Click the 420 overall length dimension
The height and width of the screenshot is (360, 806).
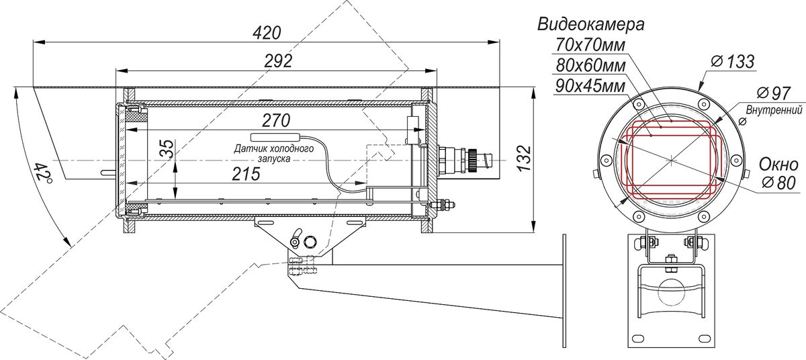point(266,34)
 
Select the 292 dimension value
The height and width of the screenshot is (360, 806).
point(278,62)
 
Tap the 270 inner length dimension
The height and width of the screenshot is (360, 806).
point(276,120)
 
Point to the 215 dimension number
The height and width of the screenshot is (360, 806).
point(246,174)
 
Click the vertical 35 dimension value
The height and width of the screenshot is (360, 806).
point(167,148)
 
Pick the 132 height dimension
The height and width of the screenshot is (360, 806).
point(525,159)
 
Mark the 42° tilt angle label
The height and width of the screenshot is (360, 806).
point(43,173)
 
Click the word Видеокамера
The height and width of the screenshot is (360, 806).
point(591,25)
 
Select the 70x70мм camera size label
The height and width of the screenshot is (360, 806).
point(590,46)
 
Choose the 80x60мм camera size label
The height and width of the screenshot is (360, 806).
point(590,66)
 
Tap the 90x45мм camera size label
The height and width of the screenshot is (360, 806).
point(590,87)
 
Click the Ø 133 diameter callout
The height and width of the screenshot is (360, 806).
point(733,62)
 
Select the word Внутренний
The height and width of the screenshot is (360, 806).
point(774,109)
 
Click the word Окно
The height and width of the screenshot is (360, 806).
point(778,165)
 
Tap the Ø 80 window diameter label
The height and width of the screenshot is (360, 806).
point(778,183)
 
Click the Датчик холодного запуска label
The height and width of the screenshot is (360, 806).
point(274,154)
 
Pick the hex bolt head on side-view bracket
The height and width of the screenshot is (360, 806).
point(310,241)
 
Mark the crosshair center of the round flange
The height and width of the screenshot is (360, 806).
point(671,160)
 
